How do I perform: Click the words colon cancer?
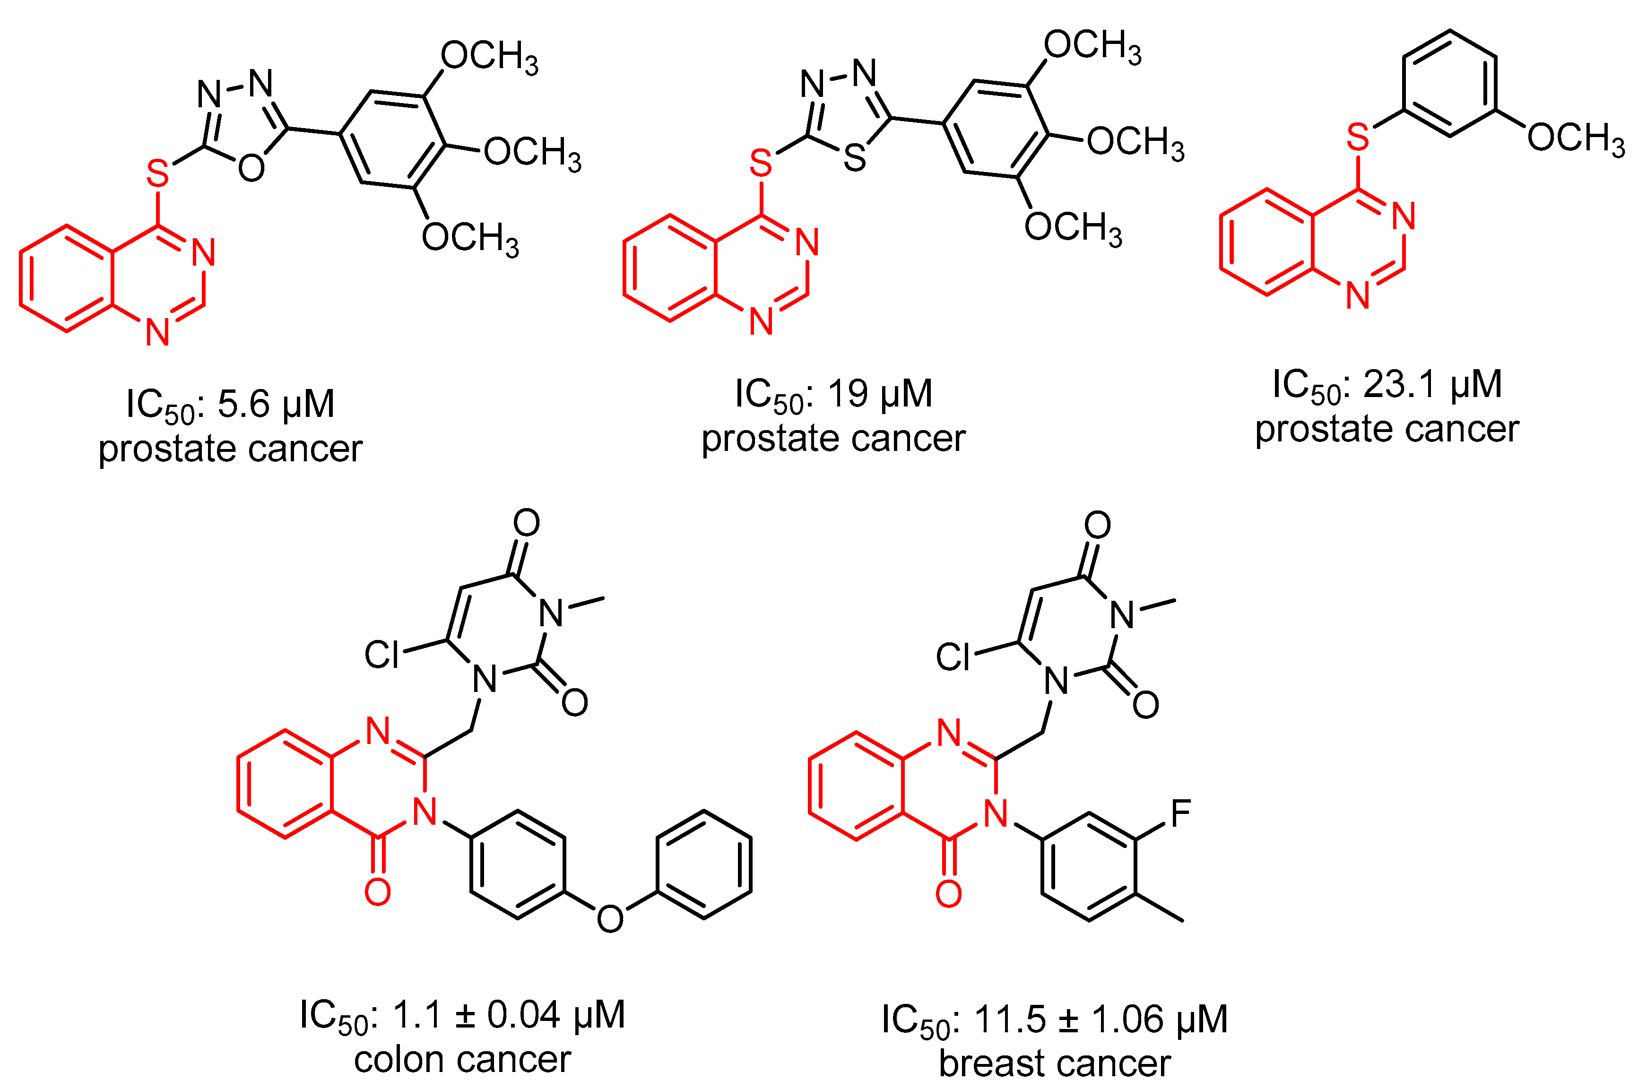[462, 1060]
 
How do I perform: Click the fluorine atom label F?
[1180, 814]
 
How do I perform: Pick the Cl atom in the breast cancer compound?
[953, 657]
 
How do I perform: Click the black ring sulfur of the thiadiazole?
[854, 158]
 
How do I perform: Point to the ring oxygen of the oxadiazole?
[251, 167]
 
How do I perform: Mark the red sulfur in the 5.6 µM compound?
[158, 173]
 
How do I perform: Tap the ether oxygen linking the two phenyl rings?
[610, 919]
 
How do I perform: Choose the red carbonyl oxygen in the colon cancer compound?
[377, 892]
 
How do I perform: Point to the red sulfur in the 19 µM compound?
[761, 163]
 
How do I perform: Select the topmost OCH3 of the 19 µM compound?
[1092, 46]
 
